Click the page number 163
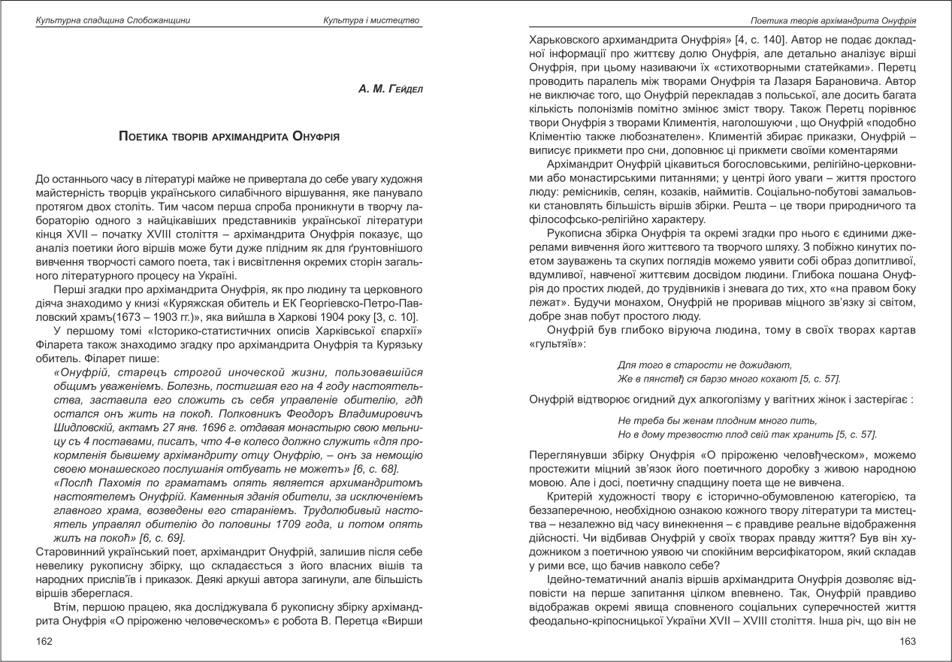click(x=907, y=641)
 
